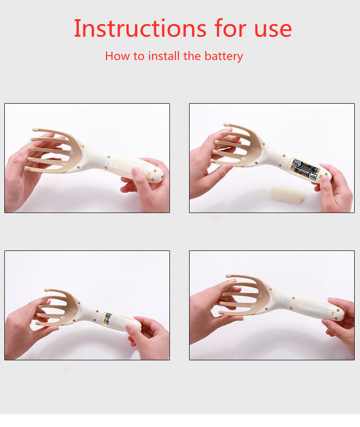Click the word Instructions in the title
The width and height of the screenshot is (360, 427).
click(140, 28)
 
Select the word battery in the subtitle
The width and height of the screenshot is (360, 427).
click(224, 56)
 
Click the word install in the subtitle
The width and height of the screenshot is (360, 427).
click(164, 56)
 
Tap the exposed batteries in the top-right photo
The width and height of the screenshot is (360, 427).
click(306, 169)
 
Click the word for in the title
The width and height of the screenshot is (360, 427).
click(230, 28)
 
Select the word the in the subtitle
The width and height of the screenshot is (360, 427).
click(192, 56)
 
